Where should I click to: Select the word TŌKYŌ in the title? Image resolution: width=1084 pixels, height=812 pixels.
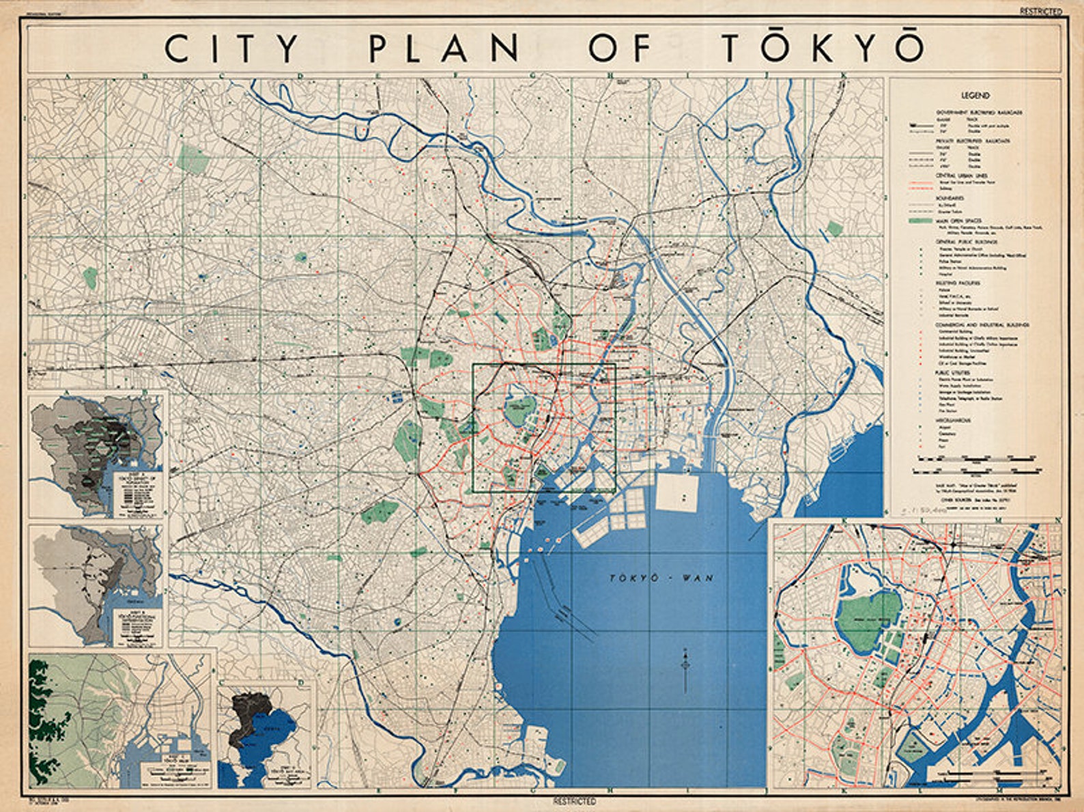(823, 48)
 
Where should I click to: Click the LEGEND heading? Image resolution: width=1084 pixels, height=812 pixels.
(975, 96)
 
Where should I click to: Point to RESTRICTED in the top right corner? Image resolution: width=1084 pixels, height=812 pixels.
(1041, 11)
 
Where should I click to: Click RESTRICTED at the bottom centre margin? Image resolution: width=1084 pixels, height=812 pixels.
(575, 801)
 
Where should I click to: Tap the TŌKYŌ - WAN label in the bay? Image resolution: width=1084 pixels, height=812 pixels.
(661, 578)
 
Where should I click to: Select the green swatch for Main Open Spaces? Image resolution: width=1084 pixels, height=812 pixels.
(922, 221)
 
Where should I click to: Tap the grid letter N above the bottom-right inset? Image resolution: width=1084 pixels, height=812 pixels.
(1057, 520)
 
